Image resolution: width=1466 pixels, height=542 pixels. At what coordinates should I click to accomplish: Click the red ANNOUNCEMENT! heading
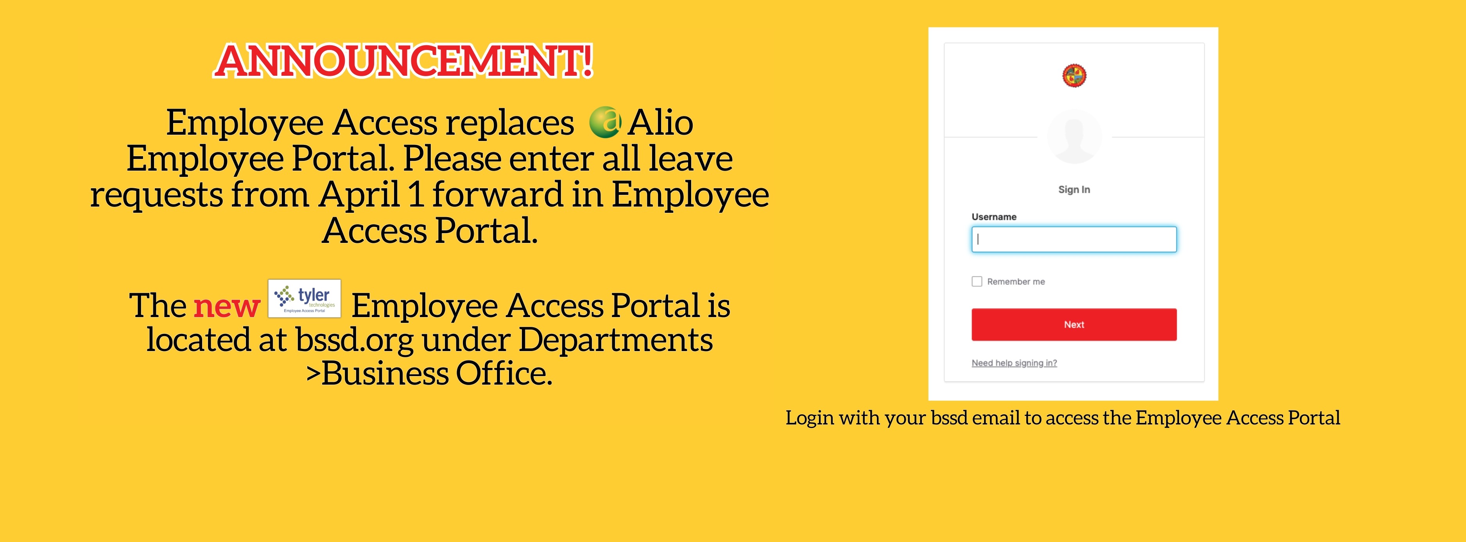(x=403, y=61)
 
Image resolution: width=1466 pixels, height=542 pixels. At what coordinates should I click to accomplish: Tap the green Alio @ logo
(x=604, y=122)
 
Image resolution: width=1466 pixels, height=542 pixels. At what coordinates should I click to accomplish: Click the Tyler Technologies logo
(x=305, y=298)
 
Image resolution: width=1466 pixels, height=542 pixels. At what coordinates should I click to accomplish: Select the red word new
(x=226, y=306)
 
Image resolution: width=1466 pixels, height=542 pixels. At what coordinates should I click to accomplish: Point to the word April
(x=360, y=194)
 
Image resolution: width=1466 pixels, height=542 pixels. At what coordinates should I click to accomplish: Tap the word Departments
(x=615, y=340)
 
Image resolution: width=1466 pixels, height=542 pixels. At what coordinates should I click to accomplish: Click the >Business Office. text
(x=429, y=374)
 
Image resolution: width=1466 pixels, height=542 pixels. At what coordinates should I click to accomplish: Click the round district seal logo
(x=1074, y=76)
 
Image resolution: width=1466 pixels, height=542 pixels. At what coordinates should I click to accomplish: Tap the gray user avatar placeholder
(x=1074, y=137)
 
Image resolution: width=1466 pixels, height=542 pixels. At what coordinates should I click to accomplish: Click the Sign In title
(x=1074, y=189)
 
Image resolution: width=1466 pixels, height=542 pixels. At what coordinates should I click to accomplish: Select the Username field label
(x=994, y=217)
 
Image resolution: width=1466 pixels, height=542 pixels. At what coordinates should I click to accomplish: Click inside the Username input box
(x=1074, y=239)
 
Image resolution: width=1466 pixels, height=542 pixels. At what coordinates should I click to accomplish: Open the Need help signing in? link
(x=1014, y=363)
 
